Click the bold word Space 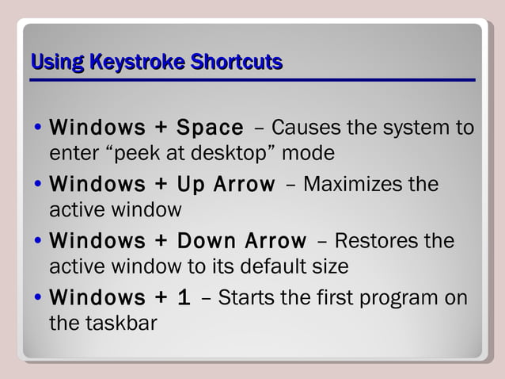(210, 128)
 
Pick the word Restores (381, 241)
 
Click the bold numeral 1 (184, 298)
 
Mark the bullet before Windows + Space (39, 128)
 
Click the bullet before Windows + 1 (39, 299)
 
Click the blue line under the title (252, 80)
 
